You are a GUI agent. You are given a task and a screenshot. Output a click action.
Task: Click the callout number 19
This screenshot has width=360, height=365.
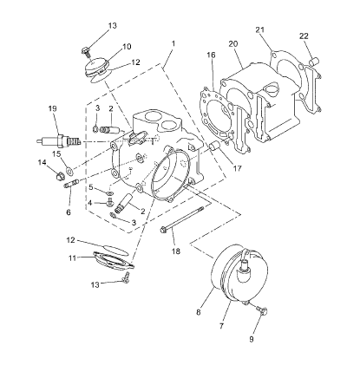tap(53, 108)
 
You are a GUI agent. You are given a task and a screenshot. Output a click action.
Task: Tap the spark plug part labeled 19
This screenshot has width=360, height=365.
tap(59, 141)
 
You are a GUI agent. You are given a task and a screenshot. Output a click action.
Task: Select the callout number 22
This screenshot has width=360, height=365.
tap(304, 36)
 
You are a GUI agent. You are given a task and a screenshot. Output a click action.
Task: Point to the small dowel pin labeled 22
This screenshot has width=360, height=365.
tap(314, 62)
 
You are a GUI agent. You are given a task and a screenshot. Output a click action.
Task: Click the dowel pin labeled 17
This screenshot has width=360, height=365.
tap(215, 146)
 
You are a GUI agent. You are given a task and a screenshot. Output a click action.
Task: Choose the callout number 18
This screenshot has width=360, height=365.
tap(175, 251)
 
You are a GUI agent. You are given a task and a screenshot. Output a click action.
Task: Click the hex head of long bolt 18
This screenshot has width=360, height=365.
tap(163, 230)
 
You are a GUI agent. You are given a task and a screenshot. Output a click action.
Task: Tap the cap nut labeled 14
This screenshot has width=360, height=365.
tap(60, 175)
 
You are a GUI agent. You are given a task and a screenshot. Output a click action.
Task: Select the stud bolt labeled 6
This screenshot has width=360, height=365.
tap(71, 184)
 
